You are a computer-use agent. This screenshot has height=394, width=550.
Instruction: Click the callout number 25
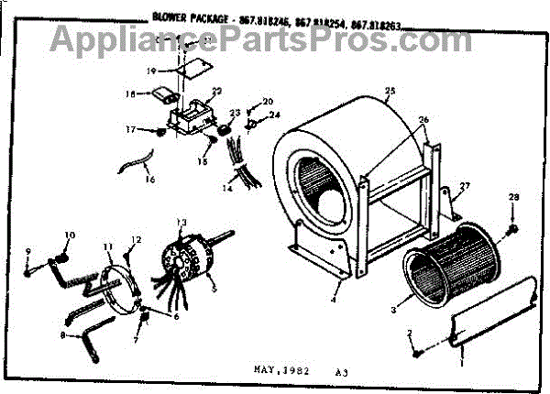(x=390, y=91)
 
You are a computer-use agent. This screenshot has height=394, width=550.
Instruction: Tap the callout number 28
(x=514, y=199)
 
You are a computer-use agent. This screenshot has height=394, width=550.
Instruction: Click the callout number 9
(x=27, y=253)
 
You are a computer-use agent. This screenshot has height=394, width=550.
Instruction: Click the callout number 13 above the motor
(x=181, y=223)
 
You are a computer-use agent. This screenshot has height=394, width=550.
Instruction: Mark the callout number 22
(x=217, y=91)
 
